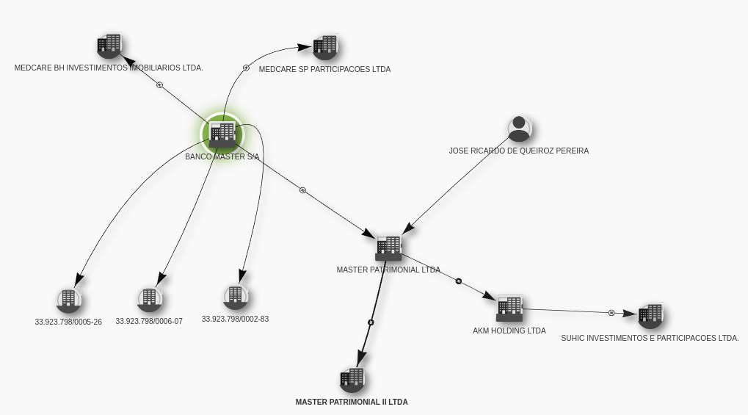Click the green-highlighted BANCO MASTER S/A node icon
(222, 134)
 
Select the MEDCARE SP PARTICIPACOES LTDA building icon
(325, 47)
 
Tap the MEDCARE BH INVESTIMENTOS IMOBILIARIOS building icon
(109, 46)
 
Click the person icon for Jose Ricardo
(519, 129)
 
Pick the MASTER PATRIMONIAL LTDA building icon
(389, 248)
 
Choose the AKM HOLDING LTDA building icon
(509, 308)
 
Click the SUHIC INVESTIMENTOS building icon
(650, 316)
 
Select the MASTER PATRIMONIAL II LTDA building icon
(352, 379)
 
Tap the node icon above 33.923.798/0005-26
(68, 300)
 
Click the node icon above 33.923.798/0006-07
(149, 299)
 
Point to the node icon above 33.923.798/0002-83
(235, 297)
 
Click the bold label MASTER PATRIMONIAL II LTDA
(352, 402)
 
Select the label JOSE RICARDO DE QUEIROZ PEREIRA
(519, 151)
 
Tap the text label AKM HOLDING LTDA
(509, 331)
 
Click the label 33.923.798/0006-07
(149, 322)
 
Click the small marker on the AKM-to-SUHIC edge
(611, 313)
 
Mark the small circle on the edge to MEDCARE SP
(246, 68)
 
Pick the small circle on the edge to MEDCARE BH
(160, 85)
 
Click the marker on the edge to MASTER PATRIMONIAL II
(371, 322)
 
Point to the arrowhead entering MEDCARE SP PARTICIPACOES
(305, 47)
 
